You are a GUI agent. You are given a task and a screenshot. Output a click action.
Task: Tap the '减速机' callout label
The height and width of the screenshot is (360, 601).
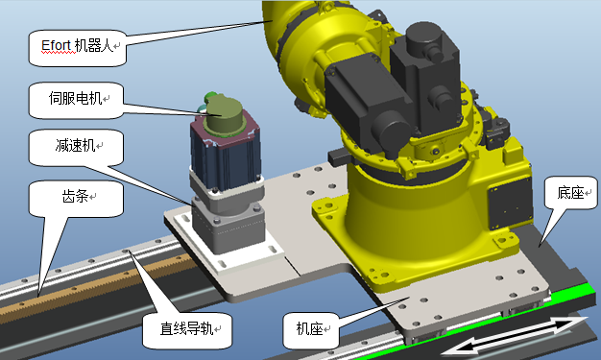click(76, 147)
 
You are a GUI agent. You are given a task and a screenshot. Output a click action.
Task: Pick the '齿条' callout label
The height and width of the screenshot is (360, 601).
click(76, 198)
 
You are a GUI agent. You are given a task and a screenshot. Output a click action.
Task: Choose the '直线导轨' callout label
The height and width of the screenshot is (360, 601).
click(187, 330)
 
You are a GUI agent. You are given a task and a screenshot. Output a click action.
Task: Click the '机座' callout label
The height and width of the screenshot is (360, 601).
click(311, 330)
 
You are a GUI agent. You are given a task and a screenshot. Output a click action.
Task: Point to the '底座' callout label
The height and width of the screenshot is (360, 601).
click(570, 193)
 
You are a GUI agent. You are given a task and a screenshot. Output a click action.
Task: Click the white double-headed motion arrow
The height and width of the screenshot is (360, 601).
click(515, 335)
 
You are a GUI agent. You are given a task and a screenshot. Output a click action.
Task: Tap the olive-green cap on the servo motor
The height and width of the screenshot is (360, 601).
click(225, 114)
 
